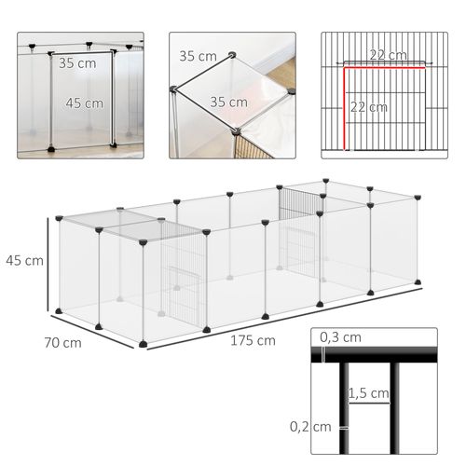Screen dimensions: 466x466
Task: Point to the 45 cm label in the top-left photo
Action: [x=85, y=103]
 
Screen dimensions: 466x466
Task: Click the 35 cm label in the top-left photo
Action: [x=76, y=64]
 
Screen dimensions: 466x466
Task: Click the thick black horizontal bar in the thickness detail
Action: [x=382, y=354]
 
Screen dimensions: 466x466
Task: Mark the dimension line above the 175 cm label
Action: [x=280, y=317]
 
